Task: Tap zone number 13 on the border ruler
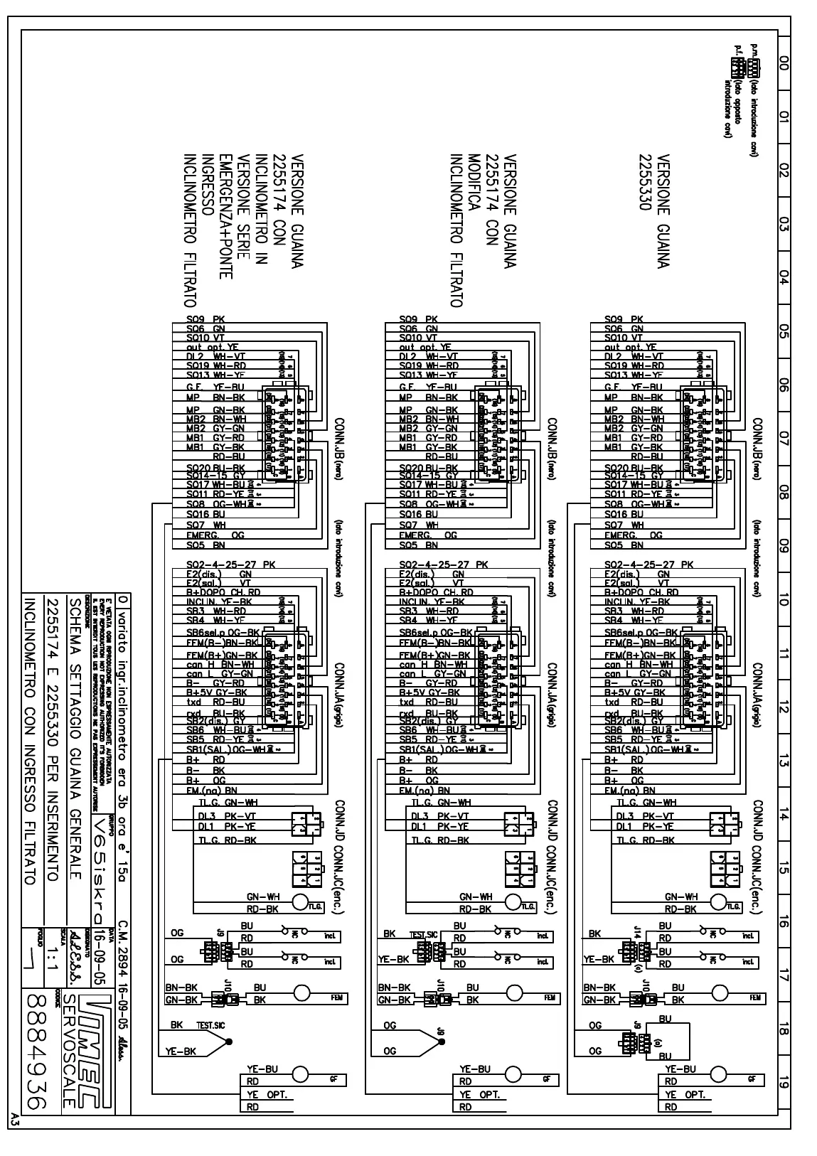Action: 784,762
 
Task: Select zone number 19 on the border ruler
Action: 784,1083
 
